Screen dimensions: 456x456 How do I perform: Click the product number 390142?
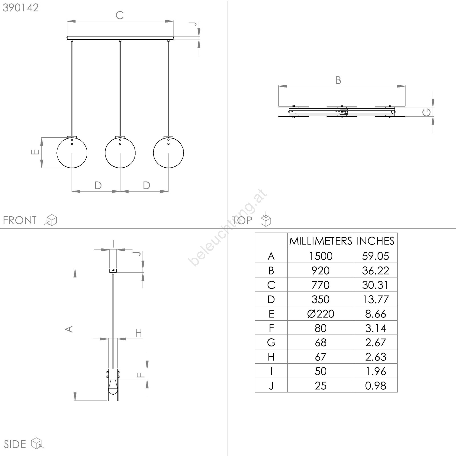point(21,8)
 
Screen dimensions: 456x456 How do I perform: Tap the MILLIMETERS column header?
point(321,241)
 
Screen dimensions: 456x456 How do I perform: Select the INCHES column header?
point(375,241)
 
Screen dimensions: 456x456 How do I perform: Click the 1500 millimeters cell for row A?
point(321,256)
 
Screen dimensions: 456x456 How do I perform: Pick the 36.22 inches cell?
point(375,270)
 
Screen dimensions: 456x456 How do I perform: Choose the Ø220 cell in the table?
point(321,314)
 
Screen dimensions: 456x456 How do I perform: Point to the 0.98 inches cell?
point(375,386)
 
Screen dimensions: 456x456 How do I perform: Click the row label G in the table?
point(271,343)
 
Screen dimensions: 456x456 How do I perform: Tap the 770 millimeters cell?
point(321,285)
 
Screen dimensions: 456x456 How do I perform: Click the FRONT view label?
point(20,220)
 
